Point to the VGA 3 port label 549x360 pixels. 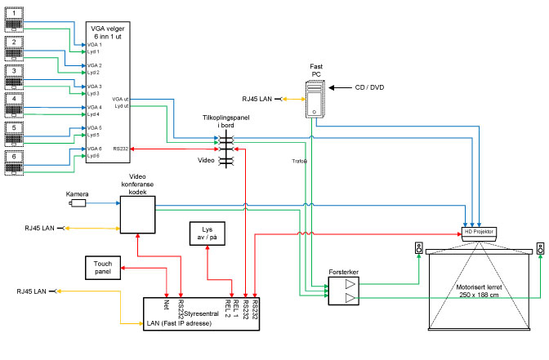click(95, 86)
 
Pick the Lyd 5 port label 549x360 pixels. click(94, 135)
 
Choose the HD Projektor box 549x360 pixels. click(480, 232)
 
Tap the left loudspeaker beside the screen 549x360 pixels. click(418, 248)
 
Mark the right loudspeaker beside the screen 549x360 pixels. click(540, 248)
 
